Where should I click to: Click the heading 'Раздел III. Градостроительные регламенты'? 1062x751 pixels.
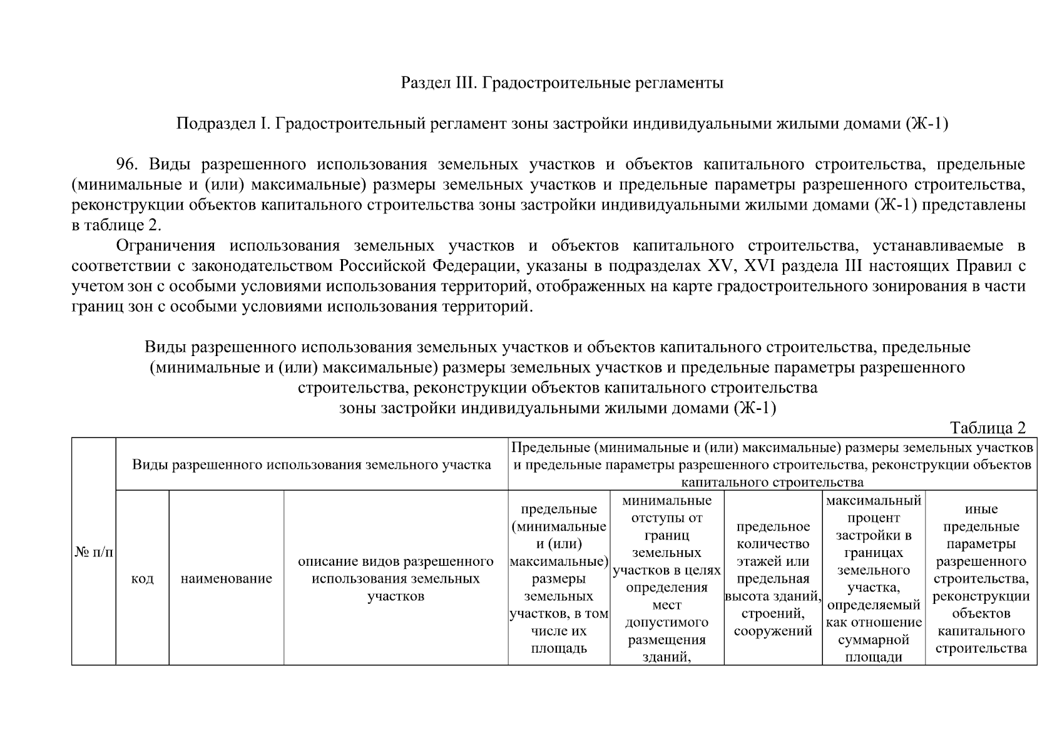click(x=561, y=83)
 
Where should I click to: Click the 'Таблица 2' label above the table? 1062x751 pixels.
click(x=988, y=428)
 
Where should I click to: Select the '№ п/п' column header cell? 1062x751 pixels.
click(x=94, y=552)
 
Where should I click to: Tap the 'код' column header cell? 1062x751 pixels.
click(x=142, y=578)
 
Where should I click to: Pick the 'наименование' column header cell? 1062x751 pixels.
click(x=226, y=578)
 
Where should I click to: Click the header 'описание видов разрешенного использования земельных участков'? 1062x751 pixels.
click(x=396, y=578)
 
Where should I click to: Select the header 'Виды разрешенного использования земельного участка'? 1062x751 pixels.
click(x=311, y=465)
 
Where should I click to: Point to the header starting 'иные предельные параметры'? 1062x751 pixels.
click(x=981, y=578)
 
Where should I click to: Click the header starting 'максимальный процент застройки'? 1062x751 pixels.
click(x=873, y=578)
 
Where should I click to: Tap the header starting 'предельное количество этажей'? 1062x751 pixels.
click(x=773, y=578)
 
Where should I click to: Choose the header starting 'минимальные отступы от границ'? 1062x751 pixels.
click(x=666, y=578)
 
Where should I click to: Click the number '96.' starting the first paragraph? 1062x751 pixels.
click(x=126, y=165)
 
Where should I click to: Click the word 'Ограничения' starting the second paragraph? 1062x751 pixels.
click(x=165, y=246)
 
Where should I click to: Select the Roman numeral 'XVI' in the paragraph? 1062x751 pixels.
click(x=760, y=266)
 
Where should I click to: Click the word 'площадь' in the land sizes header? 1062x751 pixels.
click(x=558, y=648)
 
